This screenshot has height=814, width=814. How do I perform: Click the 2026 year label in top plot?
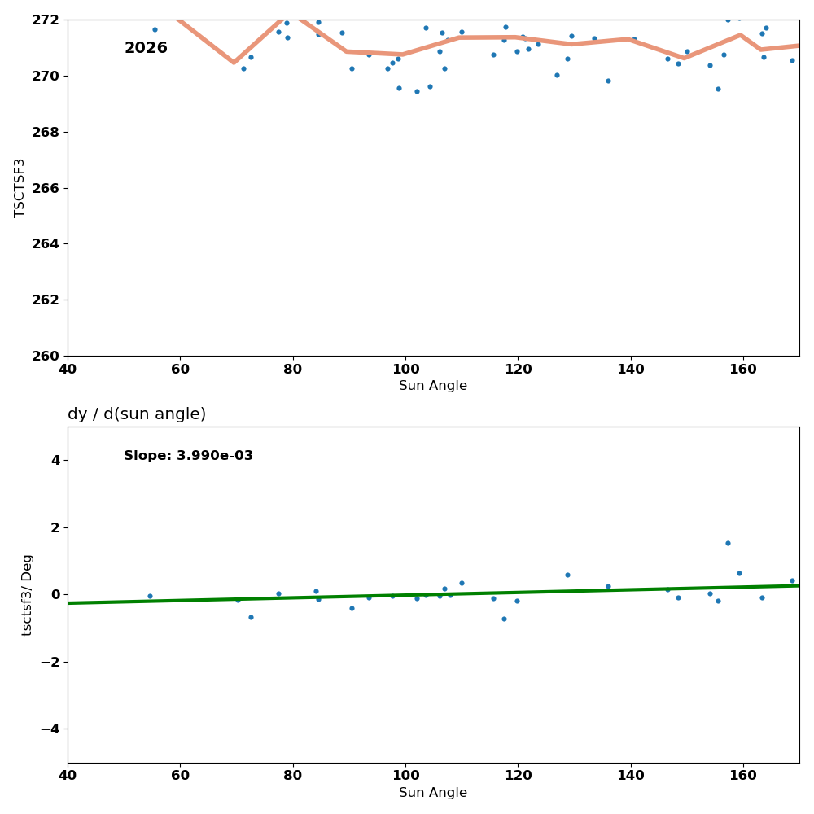[x=146, y=49]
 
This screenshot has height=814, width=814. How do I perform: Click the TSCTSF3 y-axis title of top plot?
[x=20, y=187]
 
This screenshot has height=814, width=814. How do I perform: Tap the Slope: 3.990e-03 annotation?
[x=188, y=456]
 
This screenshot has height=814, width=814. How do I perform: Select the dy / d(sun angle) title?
[x=137, y=414]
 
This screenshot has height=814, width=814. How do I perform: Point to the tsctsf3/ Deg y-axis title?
[x=28, y=594]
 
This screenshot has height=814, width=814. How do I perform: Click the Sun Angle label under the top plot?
[x=433, y=386]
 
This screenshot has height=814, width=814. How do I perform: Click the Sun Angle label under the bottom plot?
[x=433, y=793]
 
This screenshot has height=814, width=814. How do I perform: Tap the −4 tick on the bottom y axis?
[x=50, y=729]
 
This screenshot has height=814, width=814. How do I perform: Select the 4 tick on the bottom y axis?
[x=55, y=461]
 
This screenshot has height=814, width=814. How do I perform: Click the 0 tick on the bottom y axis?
[x=55, y=595]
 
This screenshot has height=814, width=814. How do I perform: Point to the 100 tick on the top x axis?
[x=405, y=369]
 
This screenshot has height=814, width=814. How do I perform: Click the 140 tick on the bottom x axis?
[x=631, y=776]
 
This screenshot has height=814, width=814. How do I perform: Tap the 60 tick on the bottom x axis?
[x=180, y=776]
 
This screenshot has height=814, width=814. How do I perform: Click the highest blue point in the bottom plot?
[x=728, y=543]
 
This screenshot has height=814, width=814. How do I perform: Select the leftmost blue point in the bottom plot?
[x=150, y=596]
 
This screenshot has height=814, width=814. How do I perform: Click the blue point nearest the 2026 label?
[x=155, y=29]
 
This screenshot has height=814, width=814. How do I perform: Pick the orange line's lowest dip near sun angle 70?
[x=234, y=62]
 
